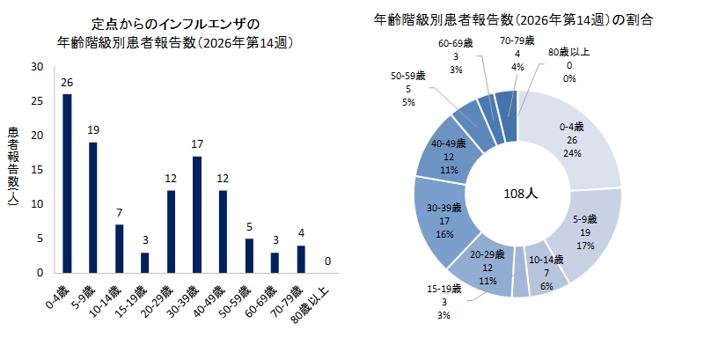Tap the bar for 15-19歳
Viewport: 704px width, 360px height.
145,262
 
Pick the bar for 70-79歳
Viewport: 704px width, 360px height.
301,259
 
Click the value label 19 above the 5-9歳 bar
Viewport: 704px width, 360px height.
93,130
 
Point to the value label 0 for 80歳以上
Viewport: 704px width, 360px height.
326,261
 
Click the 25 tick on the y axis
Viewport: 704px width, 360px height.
36,100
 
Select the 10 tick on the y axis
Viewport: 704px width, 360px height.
36,204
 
